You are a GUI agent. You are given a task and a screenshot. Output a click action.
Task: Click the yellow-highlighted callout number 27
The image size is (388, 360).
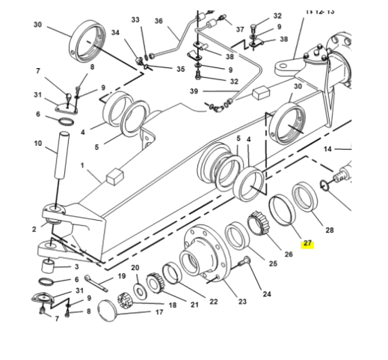(307, 244)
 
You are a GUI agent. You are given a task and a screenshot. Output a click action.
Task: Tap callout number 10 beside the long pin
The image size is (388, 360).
(38, 143)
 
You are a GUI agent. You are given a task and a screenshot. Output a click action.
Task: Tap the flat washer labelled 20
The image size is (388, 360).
(140, 290)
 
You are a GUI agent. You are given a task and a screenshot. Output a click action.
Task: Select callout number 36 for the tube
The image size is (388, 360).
(158, 21)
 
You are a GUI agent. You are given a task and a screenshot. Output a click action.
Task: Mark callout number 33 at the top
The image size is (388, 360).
(135, 19)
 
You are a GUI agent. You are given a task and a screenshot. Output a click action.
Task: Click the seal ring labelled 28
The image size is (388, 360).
(306, 198)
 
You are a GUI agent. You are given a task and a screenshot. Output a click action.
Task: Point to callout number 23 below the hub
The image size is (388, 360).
(241, 302)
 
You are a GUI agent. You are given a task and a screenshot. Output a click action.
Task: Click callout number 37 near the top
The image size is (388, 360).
(240, 29)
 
